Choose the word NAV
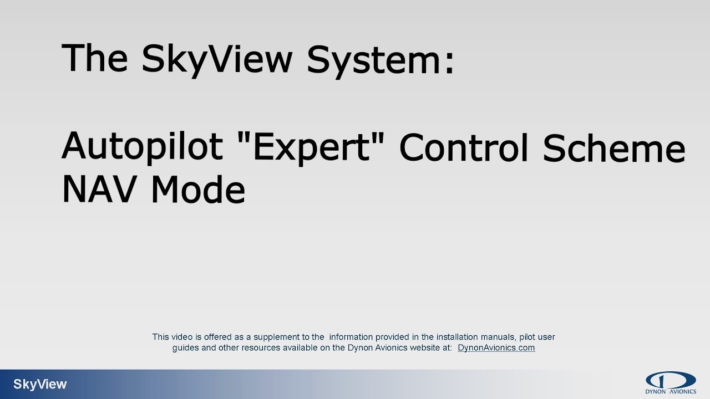pos(100,190)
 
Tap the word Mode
pos(197,190)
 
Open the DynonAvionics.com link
pos(496,348)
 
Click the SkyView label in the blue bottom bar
pos(40,385)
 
